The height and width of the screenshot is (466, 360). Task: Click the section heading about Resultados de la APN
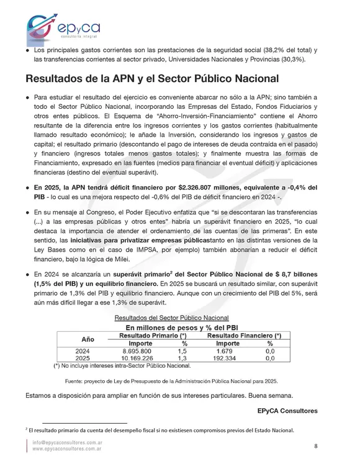point(151,79)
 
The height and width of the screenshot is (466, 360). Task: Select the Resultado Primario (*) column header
point(152,335)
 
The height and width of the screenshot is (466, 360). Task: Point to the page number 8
point(316,445)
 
